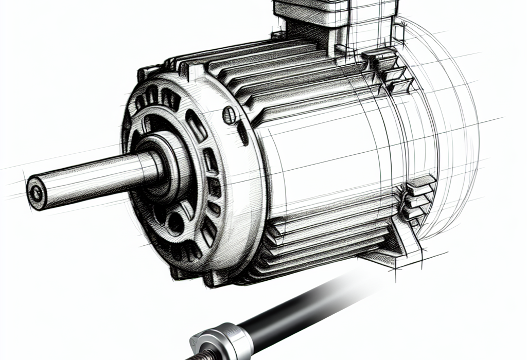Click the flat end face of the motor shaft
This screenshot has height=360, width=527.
37,193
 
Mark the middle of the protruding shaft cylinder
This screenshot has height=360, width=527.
93,177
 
